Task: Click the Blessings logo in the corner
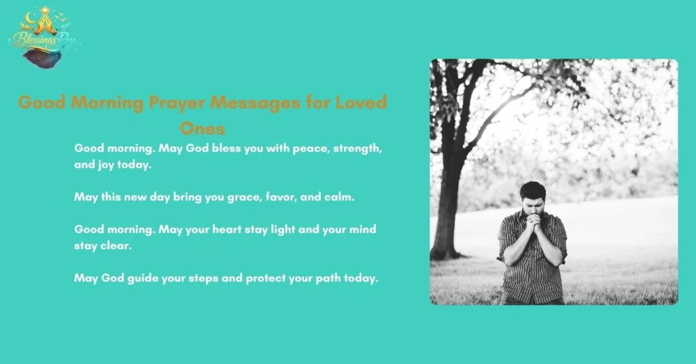(x=42, y=37)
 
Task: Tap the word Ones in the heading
(x=203, y=128)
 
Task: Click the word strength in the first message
(x=356, y=148)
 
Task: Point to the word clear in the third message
(x=116, y=246)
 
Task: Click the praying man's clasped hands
(x=533, y=223)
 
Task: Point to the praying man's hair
(x=532, y=189)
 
